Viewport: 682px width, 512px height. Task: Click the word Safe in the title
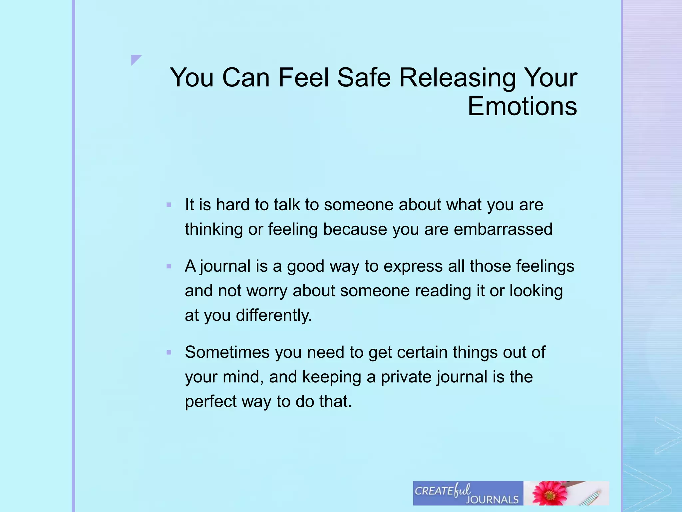click(x=364, y=78)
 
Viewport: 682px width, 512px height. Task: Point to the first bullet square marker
click(x=169, y=205)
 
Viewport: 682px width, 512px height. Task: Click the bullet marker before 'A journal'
click(x=169, y=266)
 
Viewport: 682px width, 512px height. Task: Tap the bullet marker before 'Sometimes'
click(x=169, y=352)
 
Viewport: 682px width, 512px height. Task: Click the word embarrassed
click(x=503, y=229)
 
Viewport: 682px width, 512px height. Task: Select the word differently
click(x=274, y=315)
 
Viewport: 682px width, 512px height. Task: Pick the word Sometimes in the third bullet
click(x=227, y=352)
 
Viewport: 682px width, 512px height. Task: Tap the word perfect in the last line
click(x=211, y=402)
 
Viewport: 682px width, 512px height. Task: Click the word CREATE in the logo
click(x=434, y=491)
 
